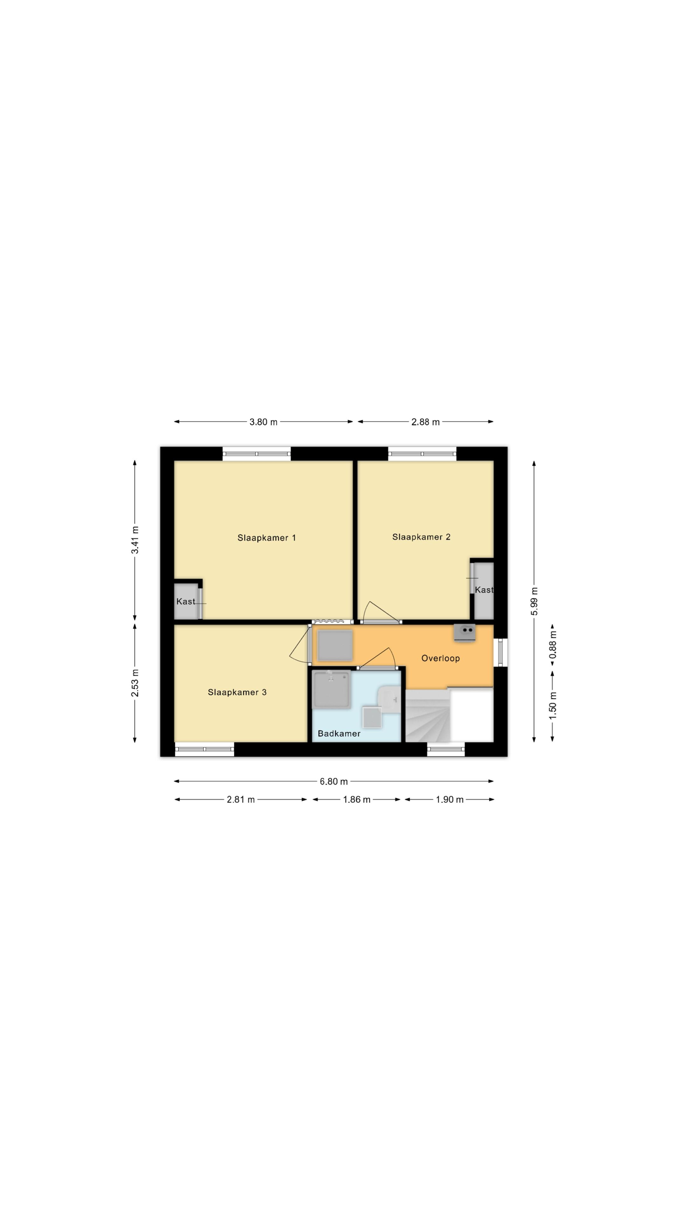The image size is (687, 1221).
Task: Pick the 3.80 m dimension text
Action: click(x=264, y=422)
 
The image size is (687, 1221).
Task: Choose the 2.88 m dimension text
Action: click(x=425, y=422)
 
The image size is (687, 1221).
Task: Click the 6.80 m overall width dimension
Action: click(x=334, y=781)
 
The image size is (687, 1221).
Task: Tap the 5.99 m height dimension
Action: click(x=534, y=601)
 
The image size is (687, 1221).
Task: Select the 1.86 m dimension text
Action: click(x=357, y=800)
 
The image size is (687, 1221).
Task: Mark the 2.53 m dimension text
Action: click(x=135, y=683)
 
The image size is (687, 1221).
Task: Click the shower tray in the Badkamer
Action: click(x=332, y=690)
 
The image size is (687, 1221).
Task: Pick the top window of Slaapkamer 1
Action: click(x=256, y=454)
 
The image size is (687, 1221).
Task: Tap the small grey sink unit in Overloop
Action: click(x=465, y=633)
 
